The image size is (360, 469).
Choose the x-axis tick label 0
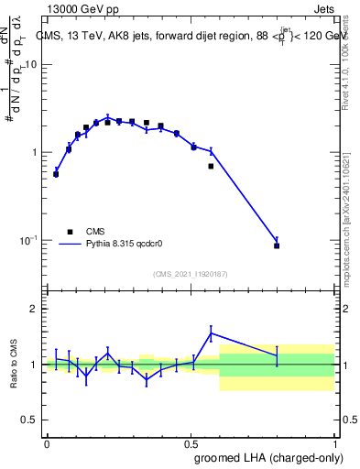(47, 443)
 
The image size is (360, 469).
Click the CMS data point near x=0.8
(277, 245)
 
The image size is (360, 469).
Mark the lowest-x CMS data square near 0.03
(56, 174)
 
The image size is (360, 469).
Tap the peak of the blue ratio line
(211, 333)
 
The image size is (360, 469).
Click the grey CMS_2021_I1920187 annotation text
(191, 274)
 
